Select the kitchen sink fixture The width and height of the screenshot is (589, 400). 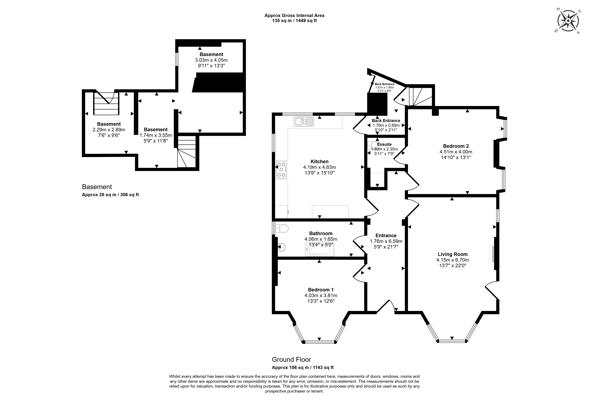point(304,122)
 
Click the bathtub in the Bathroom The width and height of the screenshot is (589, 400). point(320,249)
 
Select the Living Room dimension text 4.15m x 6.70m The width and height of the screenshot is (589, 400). point(452,260)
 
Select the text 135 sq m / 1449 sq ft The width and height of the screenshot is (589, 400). point(294,21)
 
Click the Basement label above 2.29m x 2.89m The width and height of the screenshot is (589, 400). point(109,124)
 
